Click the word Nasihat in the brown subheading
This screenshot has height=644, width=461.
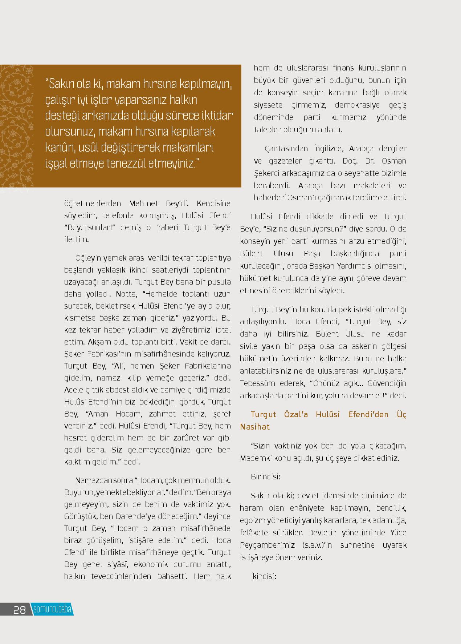point(255,427)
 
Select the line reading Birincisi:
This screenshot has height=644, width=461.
point(265,476)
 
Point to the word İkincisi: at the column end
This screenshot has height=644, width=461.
point(264,576)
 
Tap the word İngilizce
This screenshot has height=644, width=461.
point(328,149)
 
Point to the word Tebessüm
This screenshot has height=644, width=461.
point(256,383)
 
